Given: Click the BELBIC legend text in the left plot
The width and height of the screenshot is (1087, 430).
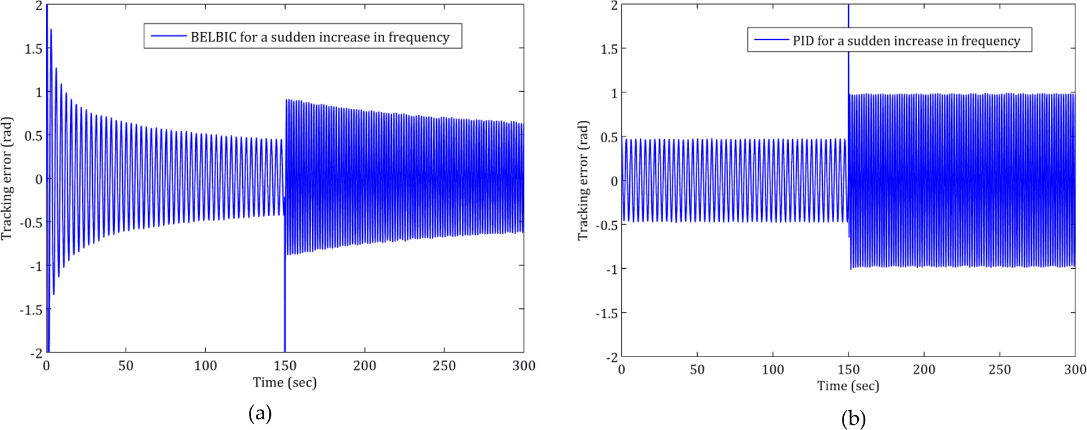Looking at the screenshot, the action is tap(320, 37).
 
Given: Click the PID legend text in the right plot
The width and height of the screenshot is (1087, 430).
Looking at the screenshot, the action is tap(906, 41).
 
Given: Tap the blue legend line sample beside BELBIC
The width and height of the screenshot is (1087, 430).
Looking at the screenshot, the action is tap(169, 36).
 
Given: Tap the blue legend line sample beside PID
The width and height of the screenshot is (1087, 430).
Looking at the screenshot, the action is tap(772, 40).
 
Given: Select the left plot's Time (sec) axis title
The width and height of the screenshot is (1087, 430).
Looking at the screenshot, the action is tap(285, 383).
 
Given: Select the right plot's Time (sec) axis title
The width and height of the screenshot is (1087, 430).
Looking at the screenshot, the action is tap(848, 386).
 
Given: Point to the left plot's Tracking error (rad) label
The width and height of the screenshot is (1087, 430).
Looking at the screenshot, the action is tap(7, 178).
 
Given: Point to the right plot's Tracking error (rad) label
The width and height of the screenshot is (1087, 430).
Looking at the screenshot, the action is tap(583, 180).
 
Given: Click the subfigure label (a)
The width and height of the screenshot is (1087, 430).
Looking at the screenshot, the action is tap(260, 414).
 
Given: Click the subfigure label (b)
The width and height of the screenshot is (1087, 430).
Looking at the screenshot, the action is tap(853, 419).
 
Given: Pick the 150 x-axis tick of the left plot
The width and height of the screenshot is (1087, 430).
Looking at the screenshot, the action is tap(285, 366).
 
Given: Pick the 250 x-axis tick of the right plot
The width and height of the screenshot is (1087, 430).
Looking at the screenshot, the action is tap(1000, 370).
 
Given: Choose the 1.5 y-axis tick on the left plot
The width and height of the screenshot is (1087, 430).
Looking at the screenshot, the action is tap(33, 49).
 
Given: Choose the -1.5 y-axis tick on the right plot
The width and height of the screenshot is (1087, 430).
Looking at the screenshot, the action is tap(607, 313).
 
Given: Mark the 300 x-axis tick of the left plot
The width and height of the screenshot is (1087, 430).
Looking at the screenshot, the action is tap(524, 366).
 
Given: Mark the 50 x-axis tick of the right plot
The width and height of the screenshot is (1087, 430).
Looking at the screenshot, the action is tap(697, 370).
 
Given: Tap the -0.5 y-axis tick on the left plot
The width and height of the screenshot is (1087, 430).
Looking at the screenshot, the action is tap(31, 223).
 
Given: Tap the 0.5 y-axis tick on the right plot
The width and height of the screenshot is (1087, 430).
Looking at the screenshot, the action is tap(609, 137).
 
